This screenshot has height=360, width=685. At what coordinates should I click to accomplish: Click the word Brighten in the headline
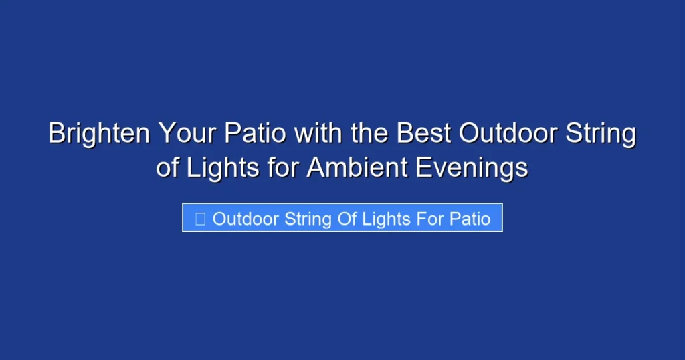click(98, 134)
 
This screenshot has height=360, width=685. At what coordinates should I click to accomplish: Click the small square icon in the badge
click(200, 219)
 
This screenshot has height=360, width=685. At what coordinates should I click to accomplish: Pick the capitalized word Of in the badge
click(347, 219)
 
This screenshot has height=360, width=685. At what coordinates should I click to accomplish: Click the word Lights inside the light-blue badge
click(387, 219)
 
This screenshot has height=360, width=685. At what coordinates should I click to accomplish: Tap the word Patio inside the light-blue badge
click(471, 219)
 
